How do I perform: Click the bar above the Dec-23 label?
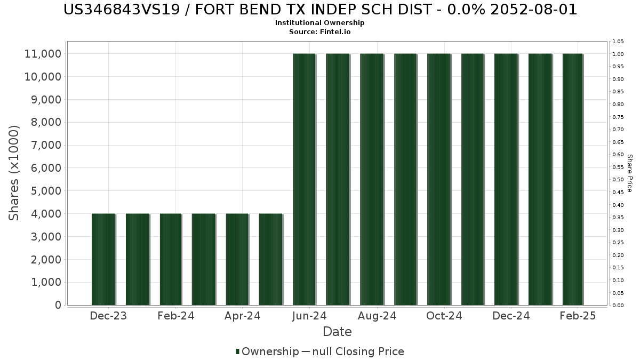103,259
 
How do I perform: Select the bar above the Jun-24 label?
305,179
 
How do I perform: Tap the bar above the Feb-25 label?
573,179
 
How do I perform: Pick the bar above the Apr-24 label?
237,259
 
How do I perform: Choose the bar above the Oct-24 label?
439,179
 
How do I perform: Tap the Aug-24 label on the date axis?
377,316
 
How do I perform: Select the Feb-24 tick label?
176,316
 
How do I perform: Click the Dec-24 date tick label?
511,316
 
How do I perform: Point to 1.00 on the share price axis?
618,54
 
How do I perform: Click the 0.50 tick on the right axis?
618,180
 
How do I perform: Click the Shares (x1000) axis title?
14,172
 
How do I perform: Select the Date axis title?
337,332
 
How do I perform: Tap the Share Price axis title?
629,173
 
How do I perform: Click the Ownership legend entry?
270,351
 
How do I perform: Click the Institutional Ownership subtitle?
319,23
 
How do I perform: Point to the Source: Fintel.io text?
319,31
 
